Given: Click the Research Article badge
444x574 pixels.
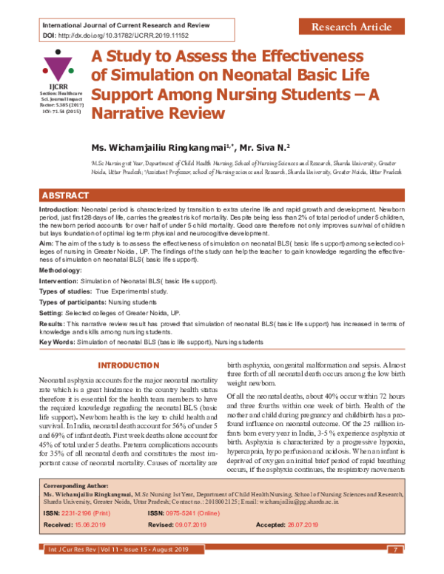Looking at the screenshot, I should tap(351, 27).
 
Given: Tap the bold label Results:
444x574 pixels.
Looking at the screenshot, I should tap(51, 325).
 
